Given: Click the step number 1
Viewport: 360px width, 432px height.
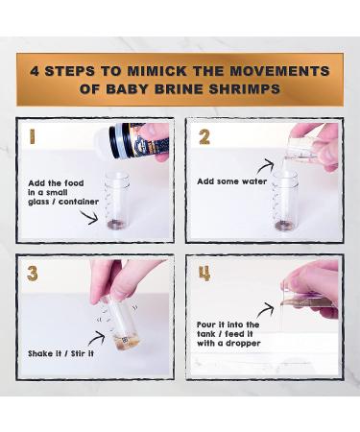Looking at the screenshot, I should [x=32, y=136].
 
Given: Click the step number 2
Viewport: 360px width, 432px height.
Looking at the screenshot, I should [x=204, y=136].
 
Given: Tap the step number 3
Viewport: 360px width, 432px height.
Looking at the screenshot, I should [x=33, y=274].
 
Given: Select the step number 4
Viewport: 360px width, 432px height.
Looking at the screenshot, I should [x=204, y=274].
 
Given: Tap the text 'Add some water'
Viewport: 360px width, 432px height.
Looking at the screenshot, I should [x=230, y=180].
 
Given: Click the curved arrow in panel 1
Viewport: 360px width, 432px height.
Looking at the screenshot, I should [x=88, y=217].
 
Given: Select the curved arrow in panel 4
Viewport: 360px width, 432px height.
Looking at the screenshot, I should [x=265, y=309].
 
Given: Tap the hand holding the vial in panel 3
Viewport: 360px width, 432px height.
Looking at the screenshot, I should [x=124, y=278].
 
